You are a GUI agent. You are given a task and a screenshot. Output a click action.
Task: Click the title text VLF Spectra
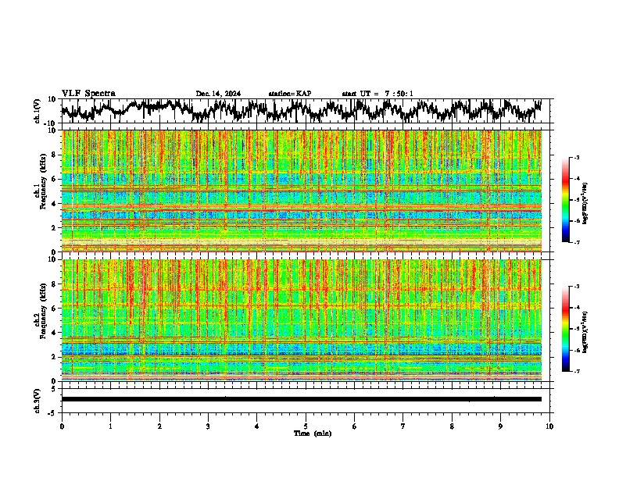(x=88, y=93)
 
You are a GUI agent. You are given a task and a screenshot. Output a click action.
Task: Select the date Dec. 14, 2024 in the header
(x=218, y=94)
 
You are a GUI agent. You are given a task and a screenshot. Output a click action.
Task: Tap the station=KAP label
(x=289, y=94)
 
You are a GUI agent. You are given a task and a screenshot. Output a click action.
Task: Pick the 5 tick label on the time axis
(x=306, y=426)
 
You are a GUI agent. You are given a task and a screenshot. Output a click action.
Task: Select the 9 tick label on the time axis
(x=501, y=426)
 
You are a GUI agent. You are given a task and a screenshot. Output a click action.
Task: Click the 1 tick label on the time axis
(x=110, y=426)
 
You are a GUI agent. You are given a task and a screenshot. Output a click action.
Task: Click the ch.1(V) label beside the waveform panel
(x=38, y=111)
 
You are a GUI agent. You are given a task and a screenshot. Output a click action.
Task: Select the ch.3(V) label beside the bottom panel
(x=38, y=398)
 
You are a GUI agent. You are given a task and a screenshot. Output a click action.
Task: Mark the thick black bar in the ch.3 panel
(x=301, y=399)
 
